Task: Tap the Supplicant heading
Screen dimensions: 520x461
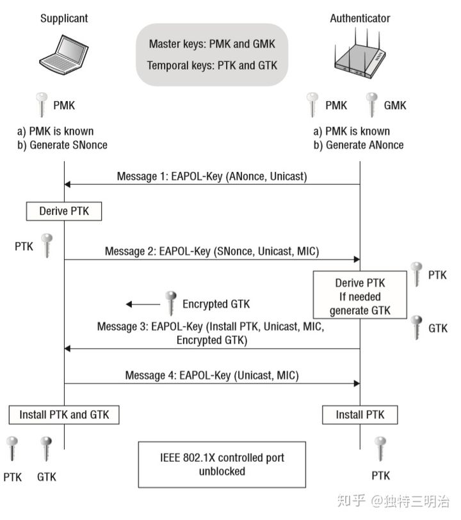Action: pyautogui.click(x=64, y=19)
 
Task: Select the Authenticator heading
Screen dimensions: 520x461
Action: pyautogui.click(x=360, y=19)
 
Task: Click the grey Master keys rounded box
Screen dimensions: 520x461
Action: pyautogui.click(x=212, y=54)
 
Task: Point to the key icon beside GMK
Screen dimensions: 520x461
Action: pyautogui.click(x=371, y=105)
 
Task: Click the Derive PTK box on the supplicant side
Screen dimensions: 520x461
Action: pyautogui.click(x=64, y=210)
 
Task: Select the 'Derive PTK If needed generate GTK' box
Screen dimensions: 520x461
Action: pyautogui.click(x=360, y=295)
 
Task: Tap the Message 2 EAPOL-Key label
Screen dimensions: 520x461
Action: pyautogui.click(x=212, y=251)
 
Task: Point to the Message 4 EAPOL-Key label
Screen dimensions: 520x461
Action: pyautogui.click(x=212, y=375)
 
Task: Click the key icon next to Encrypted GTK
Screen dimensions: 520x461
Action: pyautogui.click(x=170, y=303)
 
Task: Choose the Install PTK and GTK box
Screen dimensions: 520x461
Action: pyautogui.click(x=64, y=414)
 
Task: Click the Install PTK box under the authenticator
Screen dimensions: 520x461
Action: pyautogui.click(x=360, y=414)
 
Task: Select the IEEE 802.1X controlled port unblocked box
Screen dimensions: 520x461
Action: pyautogui.click(x=212, y=464)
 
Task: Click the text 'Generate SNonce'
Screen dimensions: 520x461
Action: pyautogui.click(x=62, y=145)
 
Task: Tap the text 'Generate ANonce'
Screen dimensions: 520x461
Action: pyautogui.click(x=359, y=145)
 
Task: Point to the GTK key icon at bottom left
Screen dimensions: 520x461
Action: pyautogui.click(x=46, y=448)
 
